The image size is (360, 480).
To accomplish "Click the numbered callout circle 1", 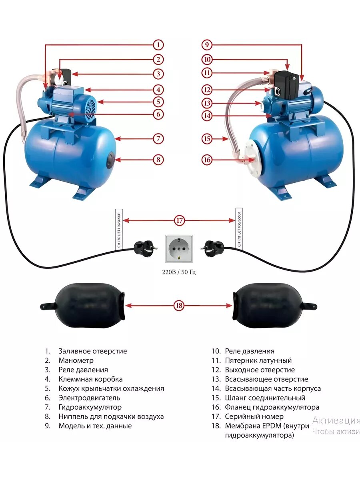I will [x=158, y=45].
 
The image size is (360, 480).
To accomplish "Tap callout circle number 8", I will [x=158, y=160].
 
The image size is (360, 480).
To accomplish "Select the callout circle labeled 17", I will [x=179, y=220].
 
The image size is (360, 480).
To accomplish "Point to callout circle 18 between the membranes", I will [x=179, y=306].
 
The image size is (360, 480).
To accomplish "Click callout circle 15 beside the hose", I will [x=207, y=139].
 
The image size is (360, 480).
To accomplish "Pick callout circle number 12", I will [x=207, y=90].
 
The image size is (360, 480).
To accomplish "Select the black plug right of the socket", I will [x=212, y=246].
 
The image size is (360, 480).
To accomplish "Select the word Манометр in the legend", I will [x=76, y=360].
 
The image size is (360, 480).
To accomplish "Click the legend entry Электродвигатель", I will [x=89, y=398].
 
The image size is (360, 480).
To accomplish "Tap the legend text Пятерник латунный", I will [x=258, y=360].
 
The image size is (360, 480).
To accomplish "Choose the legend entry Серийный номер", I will [x=254, y=416].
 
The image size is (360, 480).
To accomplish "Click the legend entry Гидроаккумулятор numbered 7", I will [x=90, y=407].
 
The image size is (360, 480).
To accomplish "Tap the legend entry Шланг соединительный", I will [x=265, y=398].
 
